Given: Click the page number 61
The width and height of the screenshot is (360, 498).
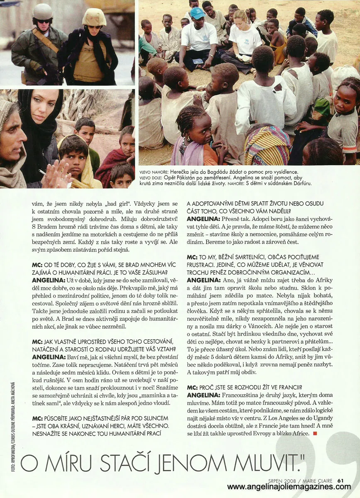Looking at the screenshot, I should pos(341,481).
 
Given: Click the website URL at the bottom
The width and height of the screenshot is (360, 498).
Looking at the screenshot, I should pos(289,487).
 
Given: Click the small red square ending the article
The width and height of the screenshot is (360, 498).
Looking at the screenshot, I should pos(315,434).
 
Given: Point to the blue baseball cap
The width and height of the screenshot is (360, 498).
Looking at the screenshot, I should pos(197,13).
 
